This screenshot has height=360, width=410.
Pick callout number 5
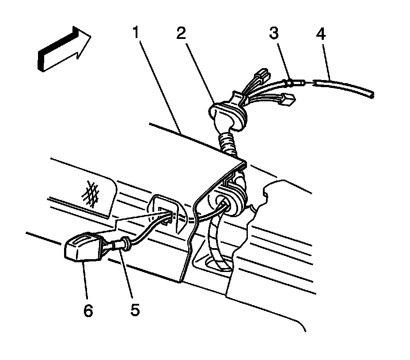point(135,309)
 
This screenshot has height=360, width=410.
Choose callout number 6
point(88,310)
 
